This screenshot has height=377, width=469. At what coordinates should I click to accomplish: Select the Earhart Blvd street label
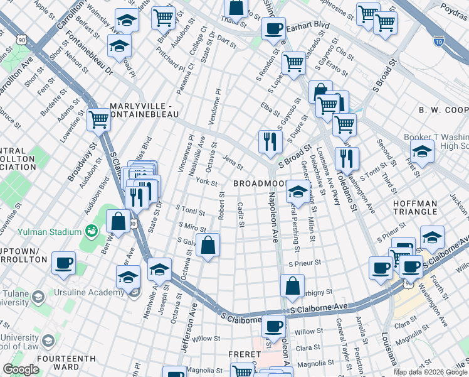point(308,25)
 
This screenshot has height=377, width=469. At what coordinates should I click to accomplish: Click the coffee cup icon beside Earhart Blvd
point(273,28)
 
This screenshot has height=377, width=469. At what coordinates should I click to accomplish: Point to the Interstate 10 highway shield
point(438,41)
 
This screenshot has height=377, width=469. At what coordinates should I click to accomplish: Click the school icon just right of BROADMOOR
point(297,190)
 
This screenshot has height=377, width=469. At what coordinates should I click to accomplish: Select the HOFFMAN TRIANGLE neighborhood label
point(424,208)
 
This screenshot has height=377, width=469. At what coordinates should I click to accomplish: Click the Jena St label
point(233,163)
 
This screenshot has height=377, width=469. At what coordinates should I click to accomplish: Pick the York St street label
point(206,183)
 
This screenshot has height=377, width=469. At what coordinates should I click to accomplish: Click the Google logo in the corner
point(21,369)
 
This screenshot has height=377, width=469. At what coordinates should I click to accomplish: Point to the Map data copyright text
point(431,372)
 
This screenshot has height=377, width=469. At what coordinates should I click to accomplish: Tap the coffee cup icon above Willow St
point(273,326)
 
